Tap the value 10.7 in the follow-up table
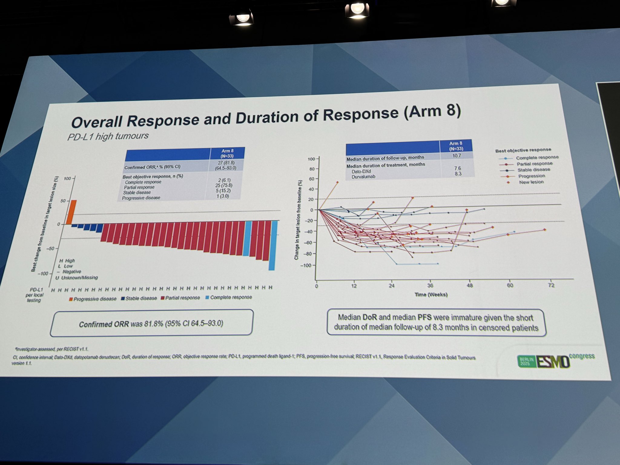coord(457,156)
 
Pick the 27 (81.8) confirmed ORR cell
coord(227,163)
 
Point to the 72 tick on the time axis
coord(551,285)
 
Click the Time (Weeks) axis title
coord(431,295)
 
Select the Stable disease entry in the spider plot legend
coord(533,170)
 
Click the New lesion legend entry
coord(531,182)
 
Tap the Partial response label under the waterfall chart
coord(182,298)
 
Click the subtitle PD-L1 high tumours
coord(108,136)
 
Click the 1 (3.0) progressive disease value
coord(223,196)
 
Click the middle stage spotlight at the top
coord(358,9)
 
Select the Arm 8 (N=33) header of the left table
coord(227,153)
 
